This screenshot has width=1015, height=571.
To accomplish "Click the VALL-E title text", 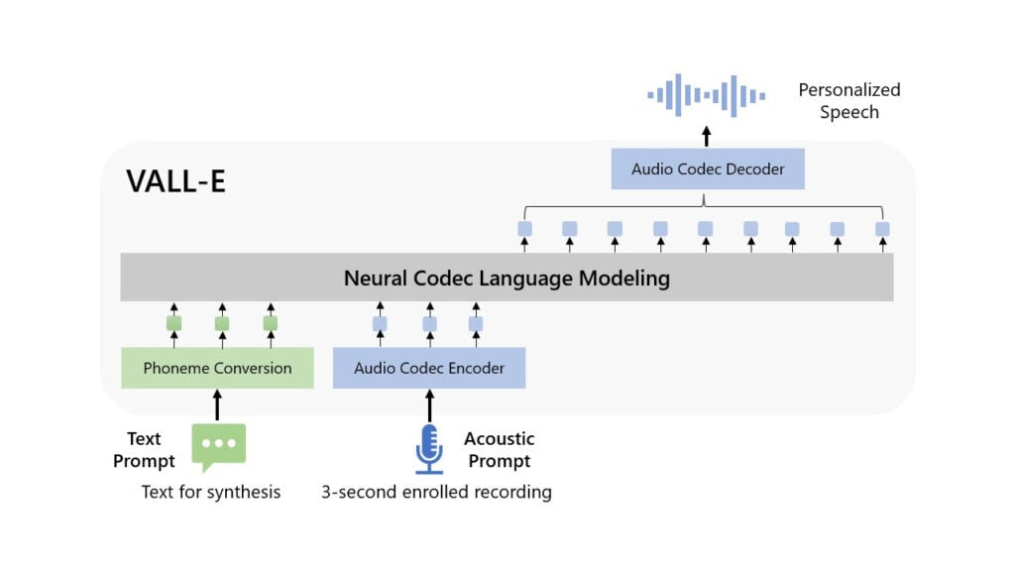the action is pos(175,181).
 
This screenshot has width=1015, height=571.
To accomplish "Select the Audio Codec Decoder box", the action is pos(708,169).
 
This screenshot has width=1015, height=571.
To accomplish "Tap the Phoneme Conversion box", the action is pos(217,368).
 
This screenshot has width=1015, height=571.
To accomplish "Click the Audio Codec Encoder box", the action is pos(429,368).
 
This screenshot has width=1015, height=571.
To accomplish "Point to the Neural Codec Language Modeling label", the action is pos(507,279).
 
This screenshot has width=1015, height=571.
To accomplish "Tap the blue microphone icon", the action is pos(429,449).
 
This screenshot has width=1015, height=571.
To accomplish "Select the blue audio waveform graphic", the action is pos(706,95).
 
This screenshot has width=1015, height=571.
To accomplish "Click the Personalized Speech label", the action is pos(849,101).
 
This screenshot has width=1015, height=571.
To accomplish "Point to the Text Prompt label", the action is pos(144,450).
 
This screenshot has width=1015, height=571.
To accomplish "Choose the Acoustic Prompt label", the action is pos(500,450).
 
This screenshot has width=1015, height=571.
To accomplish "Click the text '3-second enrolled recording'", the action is pos(436,492).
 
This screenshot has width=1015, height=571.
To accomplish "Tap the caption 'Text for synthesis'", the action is pos(211,492).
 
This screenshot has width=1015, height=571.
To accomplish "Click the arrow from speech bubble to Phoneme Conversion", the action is pos(217,405).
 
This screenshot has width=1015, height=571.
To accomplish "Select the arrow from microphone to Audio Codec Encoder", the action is pos(429,405).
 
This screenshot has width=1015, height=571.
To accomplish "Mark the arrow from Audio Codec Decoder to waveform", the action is pos(706,136).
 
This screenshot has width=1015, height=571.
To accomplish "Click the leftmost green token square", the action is pos(174,323).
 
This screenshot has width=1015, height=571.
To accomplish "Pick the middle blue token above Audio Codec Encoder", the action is pos(430,324).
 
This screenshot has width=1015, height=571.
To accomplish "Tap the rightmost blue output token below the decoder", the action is pos(882,229).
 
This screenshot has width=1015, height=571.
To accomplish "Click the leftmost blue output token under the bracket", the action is pos(525,229).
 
